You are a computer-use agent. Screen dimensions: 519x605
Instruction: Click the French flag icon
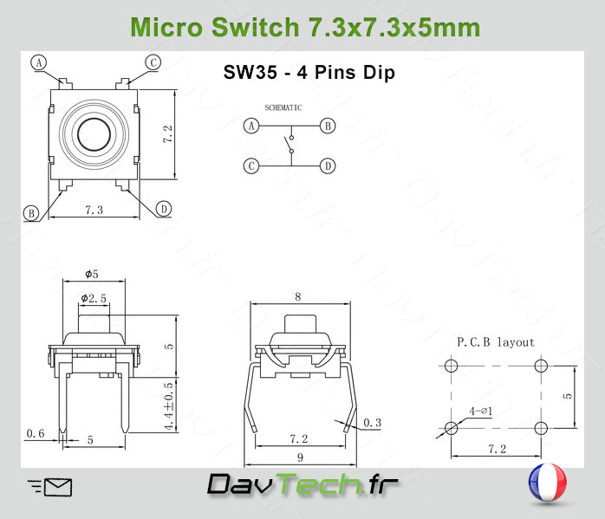click(546, 484)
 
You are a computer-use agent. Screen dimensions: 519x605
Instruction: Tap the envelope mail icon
click(50, 487)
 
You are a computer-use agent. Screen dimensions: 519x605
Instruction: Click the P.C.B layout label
click(496, 342)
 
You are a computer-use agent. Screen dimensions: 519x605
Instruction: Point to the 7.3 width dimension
click(94, 211)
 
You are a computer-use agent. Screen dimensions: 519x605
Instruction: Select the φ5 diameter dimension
click(92, 274)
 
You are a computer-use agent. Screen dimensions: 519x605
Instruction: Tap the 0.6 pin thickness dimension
click(36, 433)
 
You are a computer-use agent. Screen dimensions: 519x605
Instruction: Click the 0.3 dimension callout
click(372, 423)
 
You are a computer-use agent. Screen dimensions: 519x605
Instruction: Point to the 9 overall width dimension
click(298, 457)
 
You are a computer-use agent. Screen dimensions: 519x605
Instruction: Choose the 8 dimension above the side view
click(298, 296)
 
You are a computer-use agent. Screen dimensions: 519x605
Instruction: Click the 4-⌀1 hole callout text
click(480, 411)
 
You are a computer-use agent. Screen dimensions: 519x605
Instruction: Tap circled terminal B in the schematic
click(328, 126)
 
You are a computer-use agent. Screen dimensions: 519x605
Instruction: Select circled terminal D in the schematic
click(328, 165)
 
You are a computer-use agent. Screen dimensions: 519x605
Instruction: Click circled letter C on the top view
click(153, 62)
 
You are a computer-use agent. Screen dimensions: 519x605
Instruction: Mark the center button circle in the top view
click(90, 134)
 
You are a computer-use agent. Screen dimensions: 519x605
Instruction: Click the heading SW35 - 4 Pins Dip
click(309, 73)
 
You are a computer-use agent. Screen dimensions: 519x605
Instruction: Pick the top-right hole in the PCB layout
click(542, 367)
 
